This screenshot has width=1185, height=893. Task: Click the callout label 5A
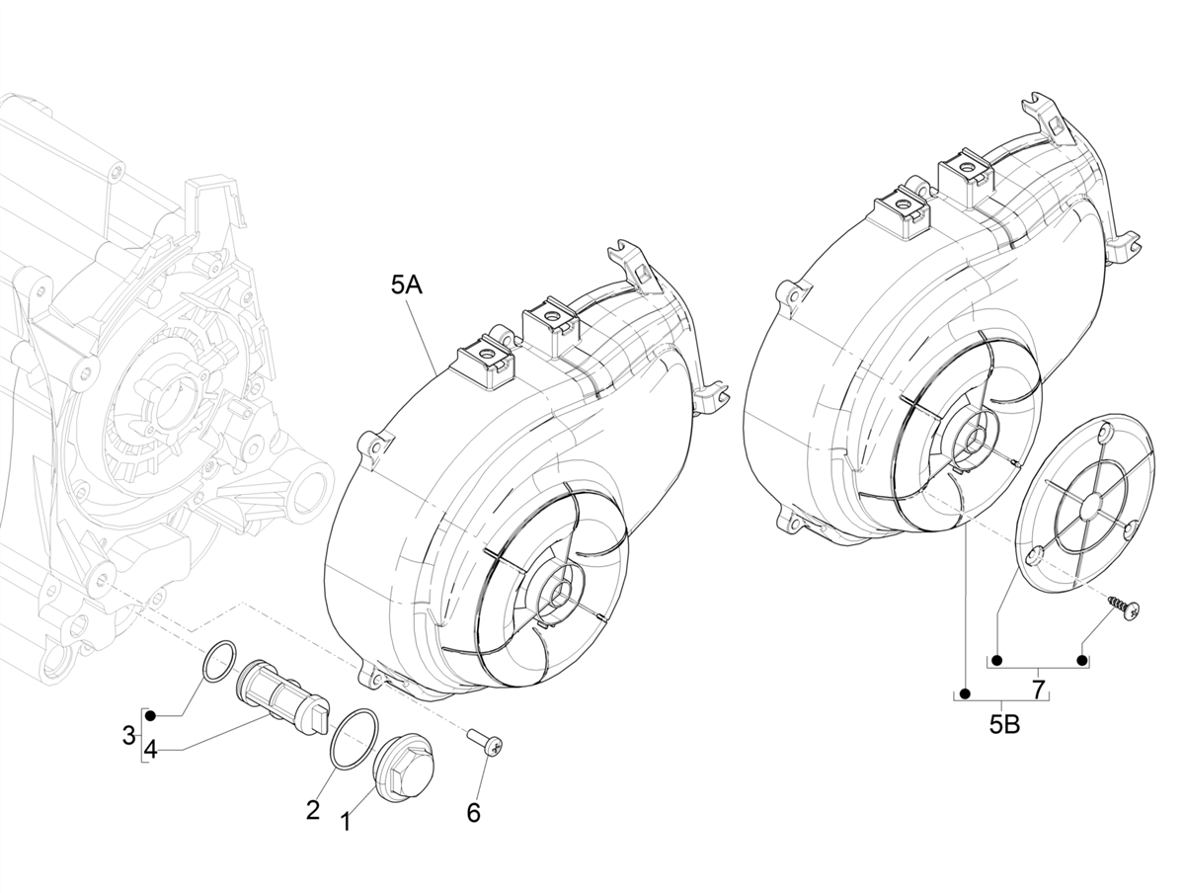[x=407, y=285]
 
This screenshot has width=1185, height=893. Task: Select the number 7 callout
[x=1039, y=689]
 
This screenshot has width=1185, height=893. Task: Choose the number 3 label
[x=128, y=735]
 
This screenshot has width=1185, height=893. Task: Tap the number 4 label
[x=150, y=750]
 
